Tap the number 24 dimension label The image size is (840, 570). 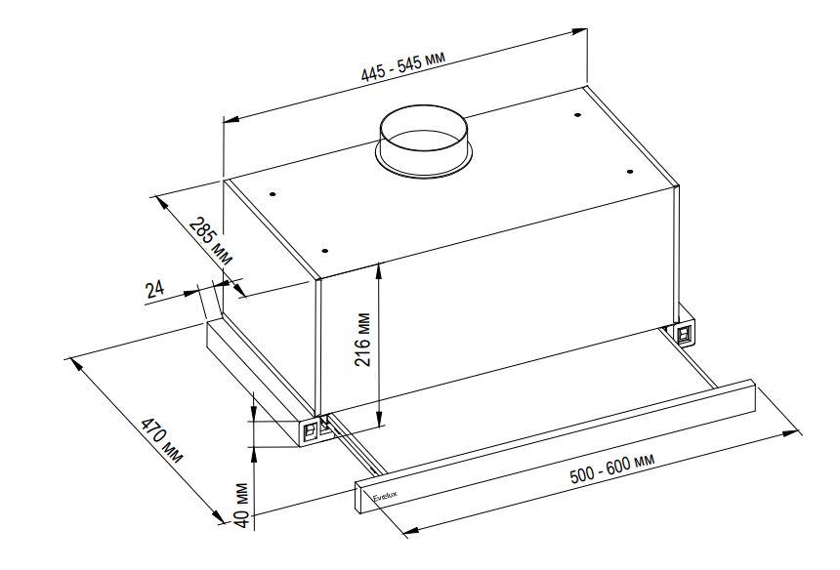[x=153, y=288]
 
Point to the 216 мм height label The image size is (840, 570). [x=363, y=339]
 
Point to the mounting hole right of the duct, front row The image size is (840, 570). [x=631, y=172]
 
